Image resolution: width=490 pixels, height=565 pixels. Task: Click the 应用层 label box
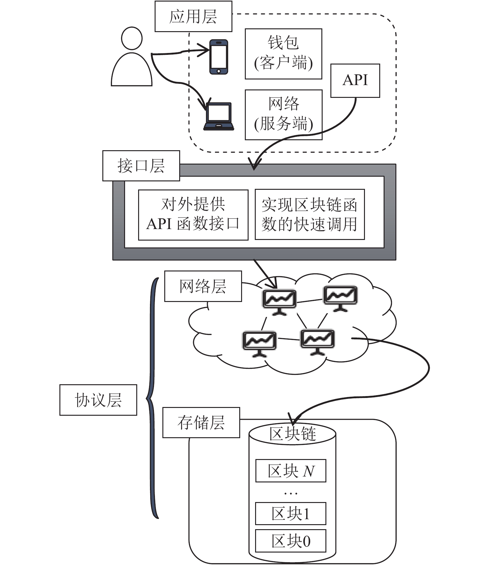(x=193, y=16)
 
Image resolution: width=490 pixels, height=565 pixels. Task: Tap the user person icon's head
(x=132, y=38)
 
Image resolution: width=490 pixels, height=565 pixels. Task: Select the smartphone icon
(x=218, y=57)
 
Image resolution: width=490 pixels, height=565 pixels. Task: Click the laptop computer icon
(x=218, y=116)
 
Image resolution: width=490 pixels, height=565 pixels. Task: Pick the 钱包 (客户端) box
(x=283, y=54)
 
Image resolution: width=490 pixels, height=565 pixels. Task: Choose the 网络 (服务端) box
(x=283, y=115)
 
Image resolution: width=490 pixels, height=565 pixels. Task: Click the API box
(x=355, y=81)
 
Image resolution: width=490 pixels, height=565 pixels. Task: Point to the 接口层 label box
(x=141, y=165)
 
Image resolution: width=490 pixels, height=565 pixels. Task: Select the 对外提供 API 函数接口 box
(x=193, y=215)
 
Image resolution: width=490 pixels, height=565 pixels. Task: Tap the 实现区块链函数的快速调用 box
(x=310, y=214)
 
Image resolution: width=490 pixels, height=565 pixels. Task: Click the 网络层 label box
(x=203, y=286)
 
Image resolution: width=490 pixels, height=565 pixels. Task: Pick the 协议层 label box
(x=98, y=400)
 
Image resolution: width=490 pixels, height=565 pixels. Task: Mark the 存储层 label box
(x=201, y=422)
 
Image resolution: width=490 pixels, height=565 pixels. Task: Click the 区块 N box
(x=291, y=471)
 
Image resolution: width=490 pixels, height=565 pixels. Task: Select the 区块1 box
(x=291, y=513)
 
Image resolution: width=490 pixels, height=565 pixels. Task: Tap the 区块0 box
(x=291, y=541)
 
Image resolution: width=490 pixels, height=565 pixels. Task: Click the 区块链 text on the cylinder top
(x=292, y=433)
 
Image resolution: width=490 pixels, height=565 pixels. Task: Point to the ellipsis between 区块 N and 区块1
(x=291, y=494)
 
